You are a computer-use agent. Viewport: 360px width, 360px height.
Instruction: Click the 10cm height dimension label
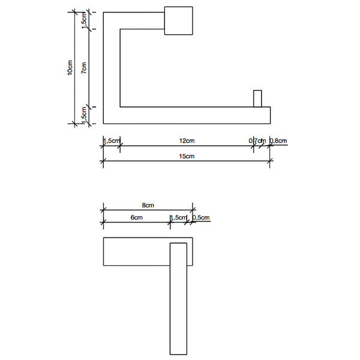coord(70,67)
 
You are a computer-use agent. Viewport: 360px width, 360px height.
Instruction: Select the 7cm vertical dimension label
coord(84,67)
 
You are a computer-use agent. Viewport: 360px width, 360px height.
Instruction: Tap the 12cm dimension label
coord(187,140)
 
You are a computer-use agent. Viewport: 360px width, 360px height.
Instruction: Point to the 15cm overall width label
coord(187,156)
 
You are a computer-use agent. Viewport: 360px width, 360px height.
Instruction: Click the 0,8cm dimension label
coord(278,140)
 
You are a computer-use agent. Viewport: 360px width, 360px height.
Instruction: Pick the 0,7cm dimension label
coord(257,140)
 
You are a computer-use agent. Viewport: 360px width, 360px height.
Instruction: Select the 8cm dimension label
coord(148,205)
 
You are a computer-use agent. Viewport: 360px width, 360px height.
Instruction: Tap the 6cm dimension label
coord(137,217)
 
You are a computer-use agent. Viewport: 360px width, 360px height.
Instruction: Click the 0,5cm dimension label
coord(201,217)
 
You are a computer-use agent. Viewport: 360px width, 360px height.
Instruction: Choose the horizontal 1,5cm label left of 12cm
coord(112,140)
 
